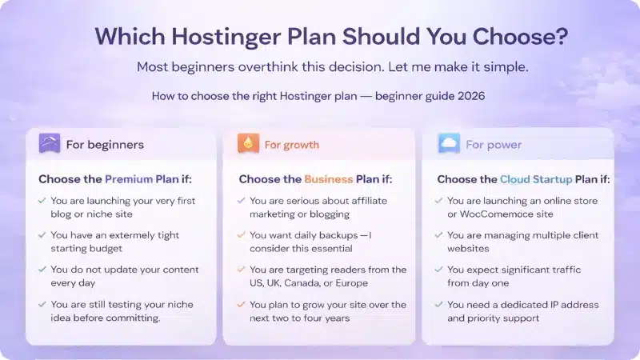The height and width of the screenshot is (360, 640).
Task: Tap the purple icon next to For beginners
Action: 50,144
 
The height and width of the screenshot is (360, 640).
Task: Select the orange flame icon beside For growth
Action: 248,144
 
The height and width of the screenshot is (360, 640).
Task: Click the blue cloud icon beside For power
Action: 449,144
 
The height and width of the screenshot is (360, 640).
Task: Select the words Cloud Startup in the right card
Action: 541,179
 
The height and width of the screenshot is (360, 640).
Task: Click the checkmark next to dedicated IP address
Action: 439,305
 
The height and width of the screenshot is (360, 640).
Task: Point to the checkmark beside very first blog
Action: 42,201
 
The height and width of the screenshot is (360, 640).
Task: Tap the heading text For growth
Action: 291,145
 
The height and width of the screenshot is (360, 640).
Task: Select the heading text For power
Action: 494,145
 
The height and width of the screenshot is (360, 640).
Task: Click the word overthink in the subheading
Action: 250,67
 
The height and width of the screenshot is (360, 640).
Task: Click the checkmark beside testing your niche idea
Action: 42,305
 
